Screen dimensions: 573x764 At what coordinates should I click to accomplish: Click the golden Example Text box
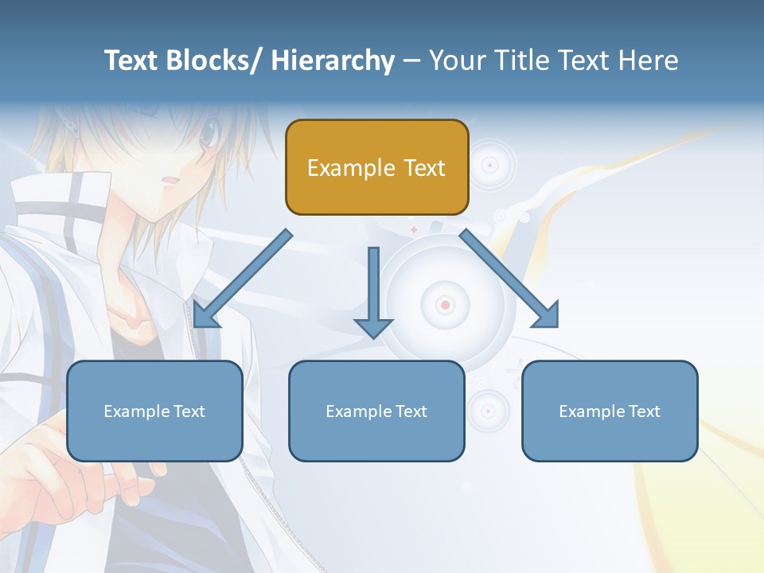[376, 167]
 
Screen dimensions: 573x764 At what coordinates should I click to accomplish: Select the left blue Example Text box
[154, 411]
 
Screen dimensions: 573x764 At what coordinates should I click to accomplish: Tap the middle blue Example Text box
[376, 411]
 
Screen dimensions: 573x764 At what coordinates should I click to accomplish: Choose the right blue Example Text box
[610, 411]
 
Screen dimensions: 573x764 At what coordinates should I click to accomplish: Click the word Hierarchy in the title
[333, 60]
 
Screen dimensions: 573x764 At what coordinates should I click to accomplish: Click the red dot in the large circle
[445, 305]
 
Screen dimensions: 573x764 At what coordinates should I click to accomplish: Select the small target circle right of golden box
[490, 166]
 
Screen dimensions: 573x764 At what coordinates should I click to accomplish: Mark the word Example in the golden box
[351, 168]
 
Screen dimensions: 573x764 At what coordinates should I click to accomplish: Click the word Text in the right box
[644, 411]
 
